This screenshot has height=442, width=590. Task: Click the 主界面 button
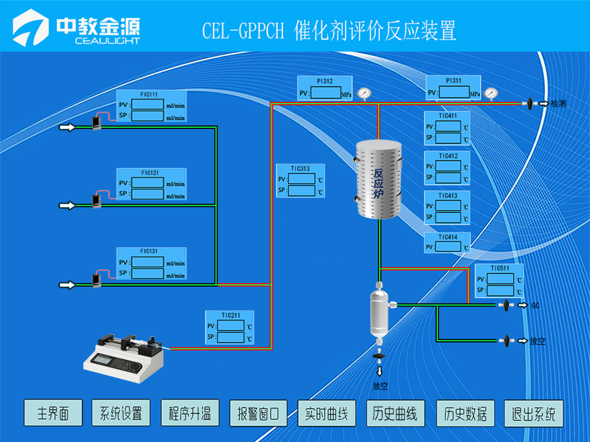click(x=53, y=413)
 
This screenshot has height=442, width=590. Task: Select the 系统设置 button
click(x=121, y=413)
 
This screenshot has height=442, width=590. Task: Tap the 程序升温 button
click(x=190, y=413)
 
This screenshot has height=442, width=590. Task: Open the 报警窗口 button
click(x=258, y=413)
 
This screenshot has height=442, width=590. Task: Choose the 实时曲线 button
click(x=327, y=413)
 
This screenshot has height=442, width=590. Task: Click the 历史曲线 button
click(x=395, y=413)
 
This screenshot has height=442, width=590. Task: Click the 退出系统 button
click(x=534, y=413)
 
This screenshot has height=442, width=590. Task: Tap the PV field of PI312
click(x=325, y=93)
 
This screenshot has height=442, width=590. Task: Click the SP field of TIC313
click(x=302, y=191)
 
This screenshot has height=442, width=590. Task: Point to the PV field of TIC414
click(x=448, y=247)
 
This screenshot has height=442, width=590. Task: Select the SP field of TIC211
click(x=231, y=337)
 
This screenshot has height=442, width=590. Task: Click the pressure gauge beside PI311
click(x=490, y=93)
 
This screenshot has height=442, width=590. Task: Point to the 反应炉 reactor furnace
click(x=378, y=180)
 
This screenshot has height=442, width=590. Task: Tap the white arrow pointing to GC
click(x=522, y=305)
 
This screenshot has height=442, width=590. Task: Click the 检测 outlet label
click(x=558, y=103)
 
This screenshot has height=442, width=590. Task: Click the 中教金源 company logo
click(x=77, y=29)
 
